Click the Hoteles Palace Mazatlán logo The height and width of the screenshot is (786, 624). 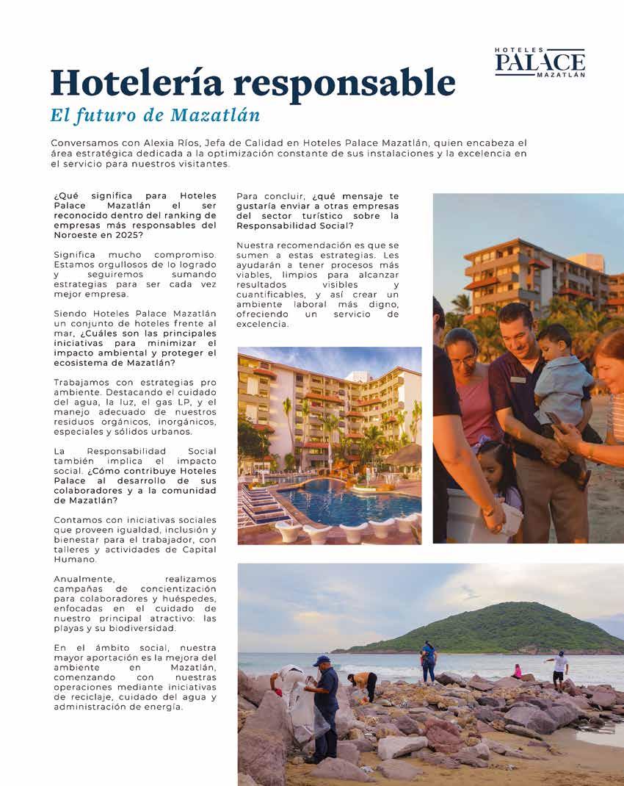[540, 62]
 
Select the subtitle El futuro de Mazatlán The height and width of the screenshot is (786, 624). [156, 116]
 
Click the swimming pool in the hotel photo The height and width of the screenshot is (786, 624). [344, 501]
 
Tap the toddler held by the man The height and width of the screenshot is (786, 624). [561, 374]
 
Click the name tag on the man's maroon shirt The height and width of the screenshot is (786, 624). [518, 379]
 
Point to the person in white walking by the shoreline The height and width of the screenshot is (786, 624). [559, 668]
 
